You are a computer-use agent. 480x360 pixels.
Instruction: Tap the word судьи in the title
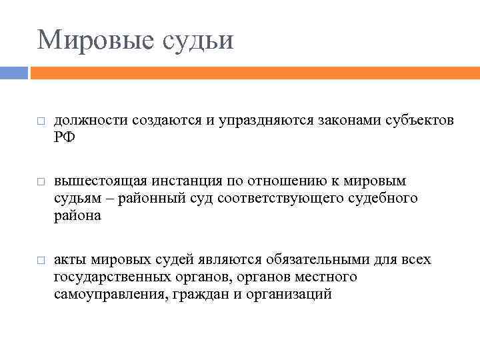coord(198,39)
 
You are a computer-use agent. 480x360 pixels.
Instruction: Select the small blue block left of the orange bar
coord(13,71)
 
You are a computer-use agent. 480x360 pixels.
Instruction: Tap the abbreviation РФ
coord(65,138)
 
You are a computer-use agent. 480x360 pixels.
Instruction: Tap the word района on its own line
coord(77,215)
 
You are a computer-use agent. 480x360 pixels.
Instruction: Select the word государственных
coord(110,276)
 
